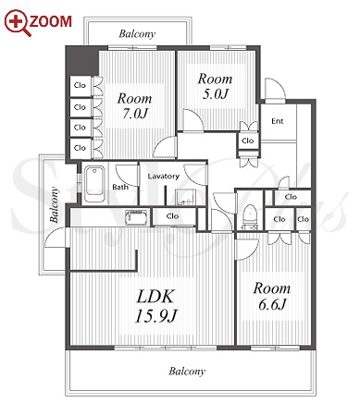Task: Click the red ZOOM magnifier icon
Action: coord(18,23)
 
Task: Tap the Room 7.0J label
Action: coord(134,106)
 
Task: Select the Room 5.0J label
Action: coord(215,86)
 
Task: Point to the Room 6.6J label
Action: coord(272,297)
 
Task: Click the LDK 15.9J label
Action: coord(156,306)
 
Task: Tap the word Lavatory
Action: coord(163,177)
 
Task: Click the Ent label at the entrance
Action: coord(278,121)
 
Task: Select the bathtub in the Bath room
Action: coord(94,184)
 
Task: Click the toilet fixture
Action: coord(250,216)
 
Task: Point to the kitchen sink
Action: coord(136,217)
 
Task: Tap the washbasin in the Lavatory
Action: coord(185,197)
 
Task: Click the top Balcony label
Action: coord(137,34)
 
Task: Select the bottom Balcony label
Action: coord(187,372)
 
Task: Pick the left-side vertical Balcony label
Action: coord(55,205)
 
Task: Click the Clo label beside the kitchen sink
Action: coord(172,216)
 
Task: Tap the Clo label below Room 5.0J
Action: coord(248,141)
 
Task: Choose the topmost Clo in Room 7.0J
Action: coord(80,85)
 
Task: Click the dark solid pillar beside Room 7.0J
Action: coord(81,61)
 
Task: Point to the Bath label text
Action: coord(120,187)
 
